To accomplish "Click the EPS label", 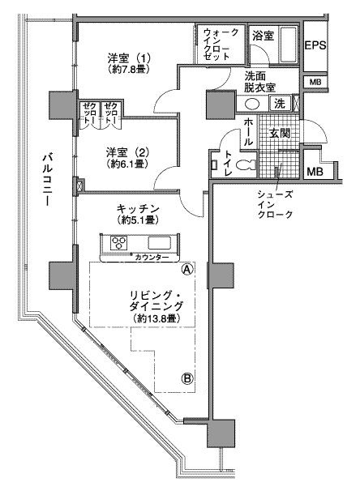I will (x=315, y=46).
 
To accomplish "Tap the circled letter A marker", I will (x=187, y=269).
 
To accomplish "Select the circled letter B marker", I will (x=187, y=378).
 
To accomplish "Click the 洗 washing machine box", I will (x=279, y=104).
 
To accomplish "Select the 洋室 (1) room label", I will (x=130, y=58).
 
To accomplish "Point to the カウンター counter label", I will (x=152, y=258).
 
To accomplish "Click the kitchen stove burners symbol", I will (x=118, y=242).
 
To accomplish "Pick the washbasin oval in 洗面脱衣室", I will (x=252, y=105).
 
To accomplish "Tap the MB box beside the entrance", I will (x=314, y=171).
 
